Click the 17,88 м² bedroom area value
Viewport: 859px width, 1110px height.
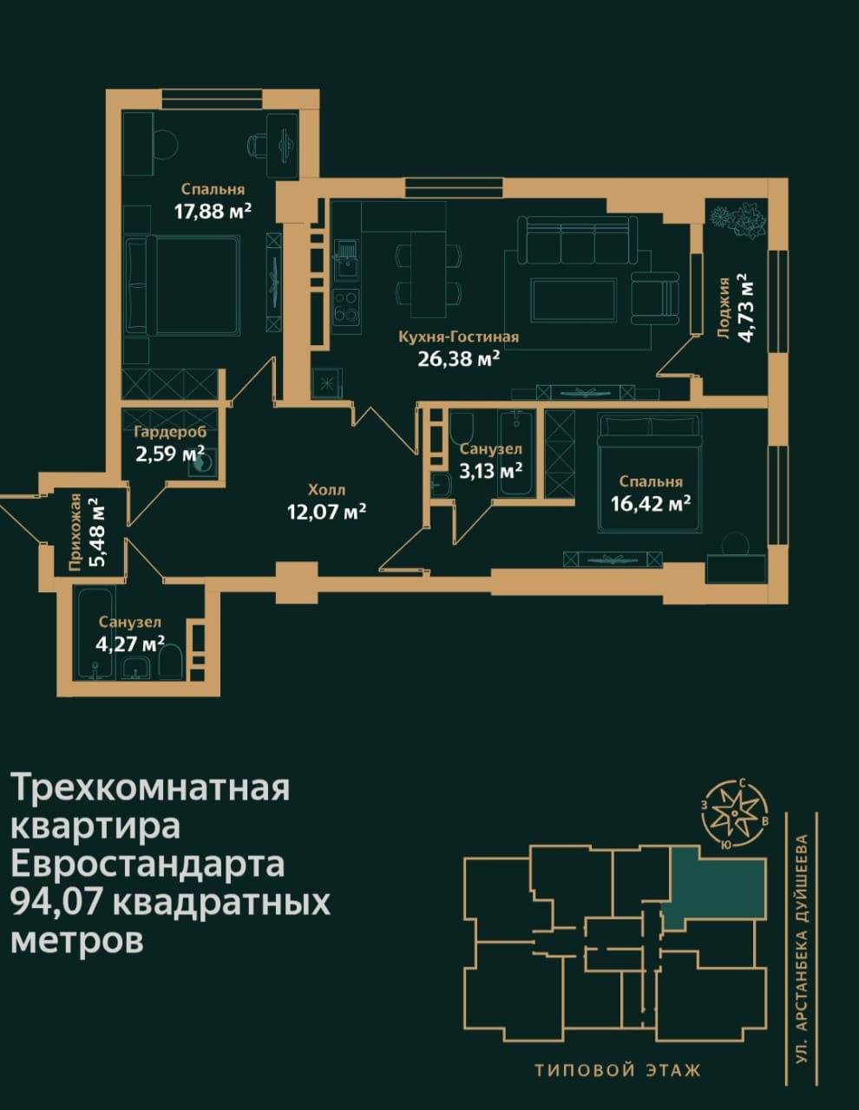pyautogui.click(x=213, y=211)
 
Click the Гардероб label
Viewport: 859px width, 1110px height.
pyautogui.click(x=169, y=431)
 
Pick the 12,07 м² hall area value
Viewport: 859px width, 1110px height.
pyautogui.click(x=326, y=511)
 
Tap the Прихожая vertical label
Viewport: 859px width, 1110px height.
pyautogui.click(x=76, y=532)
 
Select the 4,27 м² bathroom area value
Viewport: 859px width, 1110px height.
pyautogui.click(x=129, y=643)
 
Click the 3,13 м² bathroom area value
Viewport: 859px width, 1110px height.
pyautogui.click(x=490, y=470)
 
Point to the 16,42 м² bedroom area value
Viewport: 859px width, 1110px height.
pyautogui.click(x=650, y=503)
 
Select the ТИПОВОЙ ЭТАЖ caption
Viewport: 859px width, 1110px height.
pyautogui.click(x=617, y=1070)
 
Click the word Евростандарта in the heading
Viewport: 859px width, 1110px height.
pyautogui.click(x=147, y=864)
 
